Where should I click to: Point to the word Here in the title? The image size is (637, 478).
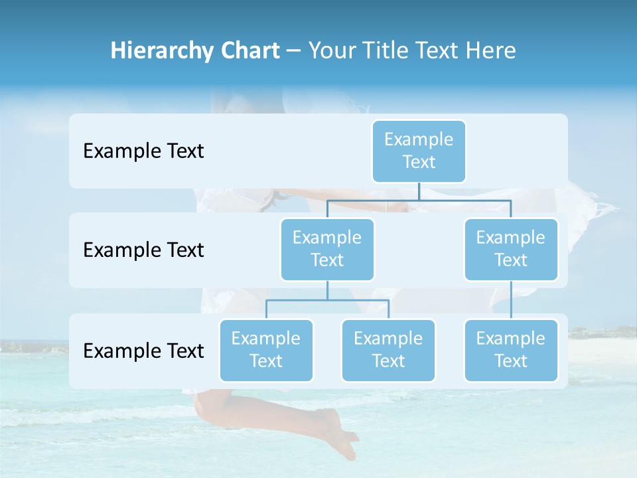(491, 51)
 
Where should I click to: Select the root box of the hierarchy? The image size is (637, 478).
(419, 151)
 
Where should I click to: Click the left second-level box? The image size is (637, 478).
(327, 249)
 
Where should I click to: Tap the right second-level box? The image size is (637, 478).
(511, 249)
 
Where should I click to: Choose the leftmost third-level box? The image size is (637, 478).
(266, 350)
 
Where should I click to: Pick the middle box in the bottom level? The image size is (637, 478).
(388, 350)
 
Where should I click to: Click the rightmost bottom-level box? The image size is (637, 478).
(511, 350)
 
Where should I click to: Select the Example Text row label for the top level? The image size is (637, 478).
(143, 151)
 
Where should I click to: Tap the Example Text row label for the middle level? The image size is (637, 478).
(143, 250)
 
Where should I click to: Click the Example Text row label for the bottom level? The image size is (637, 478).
(143, 351)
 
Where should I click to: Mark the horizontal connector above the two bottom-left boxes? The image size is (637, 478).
(327, 300)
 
